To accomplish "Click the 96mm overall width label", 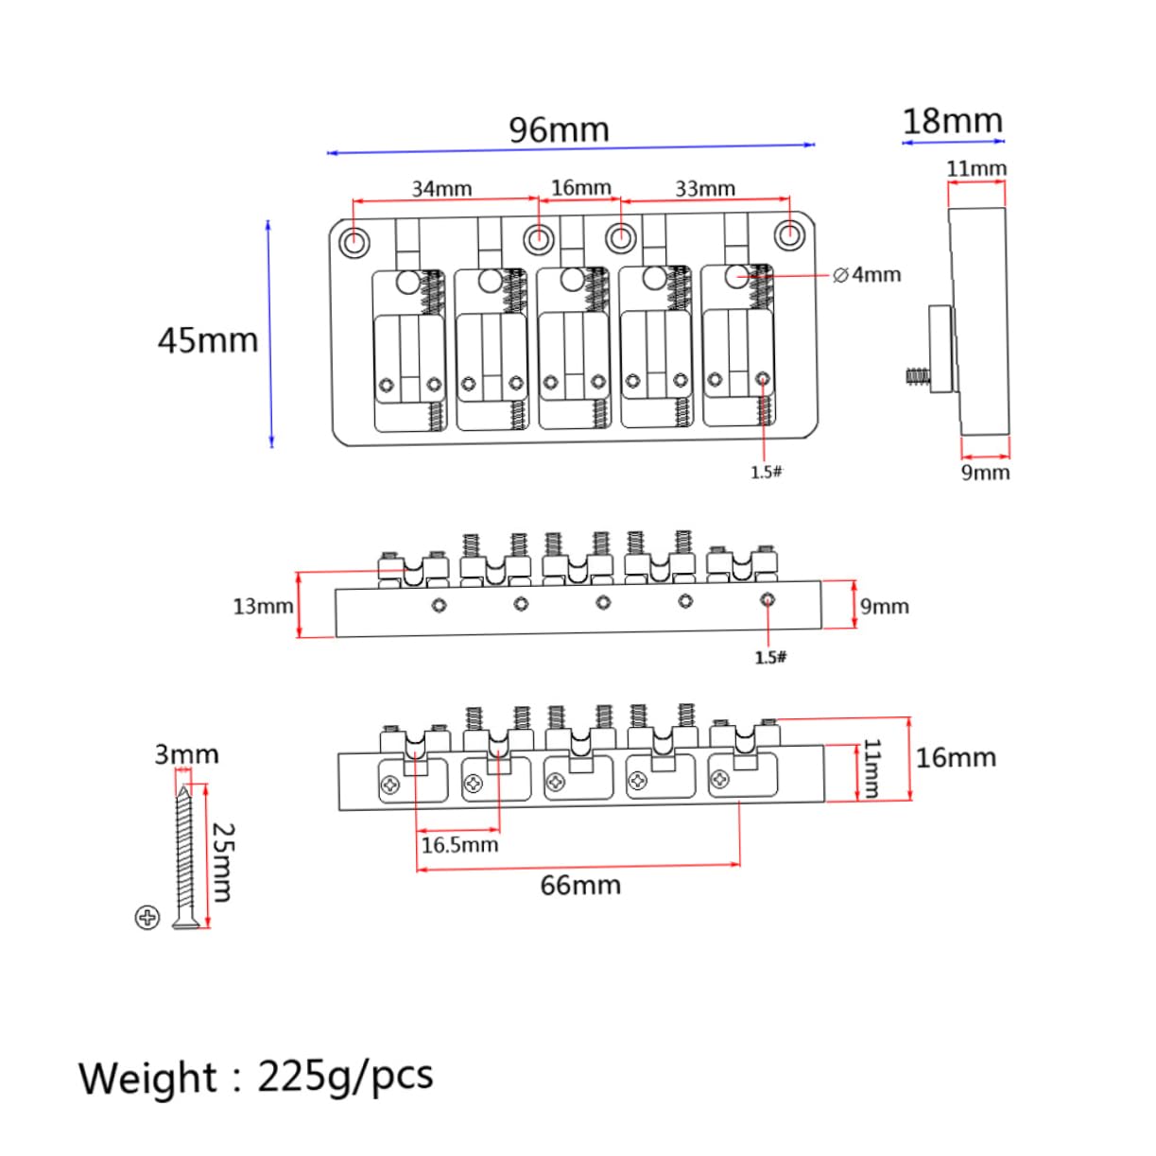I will coord(559,129).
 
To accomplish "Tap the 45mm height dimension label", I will coord(208,340).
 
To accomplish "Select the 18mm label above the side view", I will coord(952,122).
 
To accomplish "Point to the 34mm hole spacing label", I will coord(441,189).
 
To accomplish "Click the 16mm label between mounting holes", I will coord(581,187).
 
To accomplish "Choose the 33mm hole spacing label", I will coord(705,189).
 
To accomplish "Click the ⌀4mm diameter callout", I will coord(867,275).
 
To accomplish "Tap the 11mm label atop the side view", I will coord(976,169).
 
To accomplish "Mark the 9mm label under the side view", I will coord(985,472).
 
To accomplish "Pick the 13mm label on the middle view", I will coord(263,606).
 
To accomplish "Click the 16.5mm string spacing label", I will coord(459,844).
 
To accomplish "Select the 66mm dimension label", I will coord(580,886).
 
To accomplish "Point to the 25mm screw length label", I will coord(223,861).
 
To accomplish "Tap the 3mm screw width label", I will coord(186,754).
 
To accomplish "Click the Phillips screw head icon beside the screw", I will coord(147,917).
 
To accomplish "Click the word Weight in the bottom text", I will coord(147,1078).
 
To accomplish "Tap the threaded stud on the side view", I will coord(916,376).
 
